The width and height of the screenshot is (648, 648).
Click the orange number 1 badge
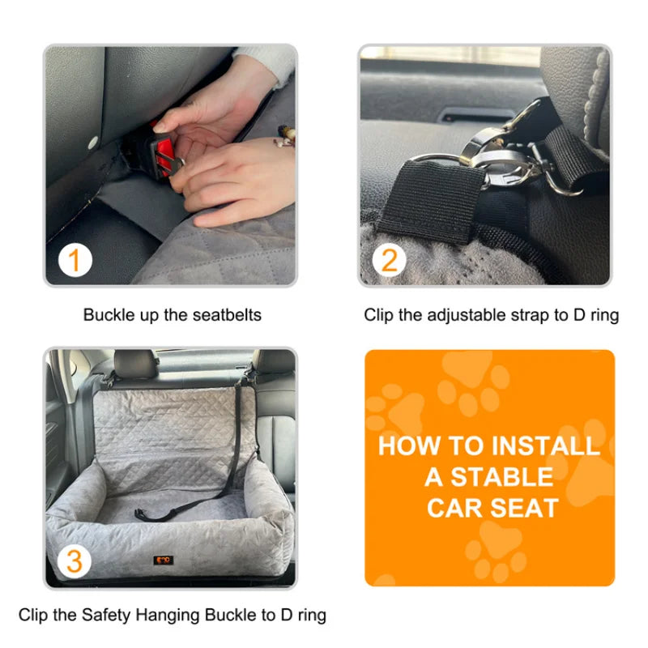(x=75, y=260)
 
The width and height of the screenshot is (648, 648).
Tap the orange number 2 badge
(x=389, y=260)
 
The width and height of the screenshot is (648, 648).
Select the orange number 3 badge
(x=75, y=561)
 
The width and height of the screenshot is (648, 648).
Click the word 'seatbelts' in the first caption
(x=227, y=315)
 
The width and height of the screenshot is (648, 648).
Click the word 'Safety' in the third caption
(x=106, y=616)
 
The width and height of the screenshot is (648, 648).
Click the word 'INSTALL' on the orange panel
(x=545, y=446)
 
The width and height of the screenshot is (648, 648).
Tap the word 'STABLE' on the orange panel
(x=501, y=477)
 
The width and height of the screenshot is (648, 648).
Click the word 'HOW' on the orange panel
(x=409, y=446)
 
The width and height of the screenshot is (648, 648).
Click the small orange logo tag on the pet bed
(x=164, y=561)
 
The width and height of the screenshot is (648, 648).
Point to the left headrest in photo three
(x=135, y=364)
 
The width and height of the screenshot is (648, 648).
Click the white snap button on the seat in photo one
(x=93, y=143)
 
